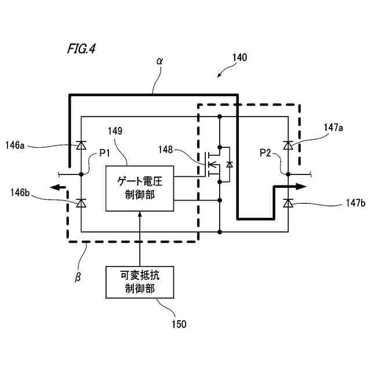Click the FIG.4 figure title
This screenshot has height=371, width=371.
[82, 49]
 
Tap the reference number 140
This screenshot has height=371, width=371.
[239, 57]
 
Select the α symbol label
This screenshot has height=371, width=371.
[160, 61]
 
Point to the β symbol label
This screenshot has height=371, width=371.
[78, 277]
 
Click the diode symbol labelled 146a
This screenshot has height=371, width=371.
[81, 145]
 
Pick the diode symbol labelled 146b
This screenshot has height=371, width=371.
[81, 203]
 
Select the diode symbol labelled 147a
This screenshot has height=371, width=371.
[288, 145]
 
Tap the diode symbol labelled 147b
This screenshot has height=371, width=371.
[288, 203]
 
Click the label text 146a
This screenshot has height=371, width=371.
[15, 145]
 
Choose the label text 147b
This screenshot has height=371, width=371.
[355, 203]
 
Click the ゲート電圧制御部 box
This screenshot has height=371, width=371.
[140, 188]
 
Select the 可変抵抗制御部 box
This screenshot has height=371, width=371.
[140, 282]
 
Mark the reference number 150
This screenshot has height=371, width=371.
[179, 324]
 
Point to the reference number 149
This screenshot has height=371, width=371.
[115, 131]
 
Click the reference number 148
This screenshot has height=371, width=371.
[165, 150]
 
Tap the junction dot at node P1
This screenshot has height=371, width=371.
[81, 174]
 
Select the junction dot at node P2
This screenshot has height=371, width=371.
[288, 174]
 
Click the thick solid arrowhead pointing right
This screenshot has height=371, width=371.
[301, 187]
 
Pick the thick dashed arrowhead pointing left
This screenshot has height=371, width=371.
[55, 188]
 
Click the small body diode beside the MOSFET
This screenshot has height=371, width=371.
[230, 164]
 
